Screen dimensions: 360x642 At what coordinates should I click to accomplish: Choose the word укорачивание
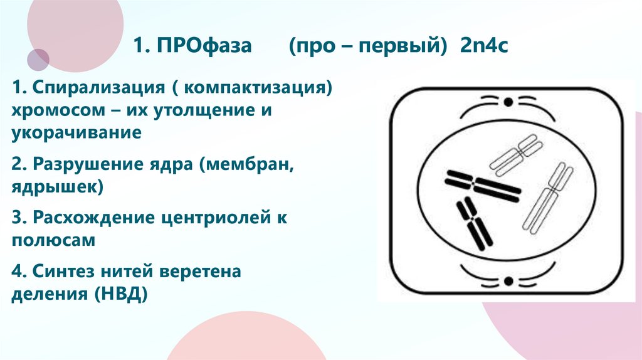[x=75, y=133]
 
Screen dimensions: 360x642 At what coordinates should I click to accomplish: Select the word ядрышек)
[x=56, y=186]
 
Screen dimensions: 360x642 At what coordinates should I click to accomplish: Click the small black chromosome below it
[x=474, y=222]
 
